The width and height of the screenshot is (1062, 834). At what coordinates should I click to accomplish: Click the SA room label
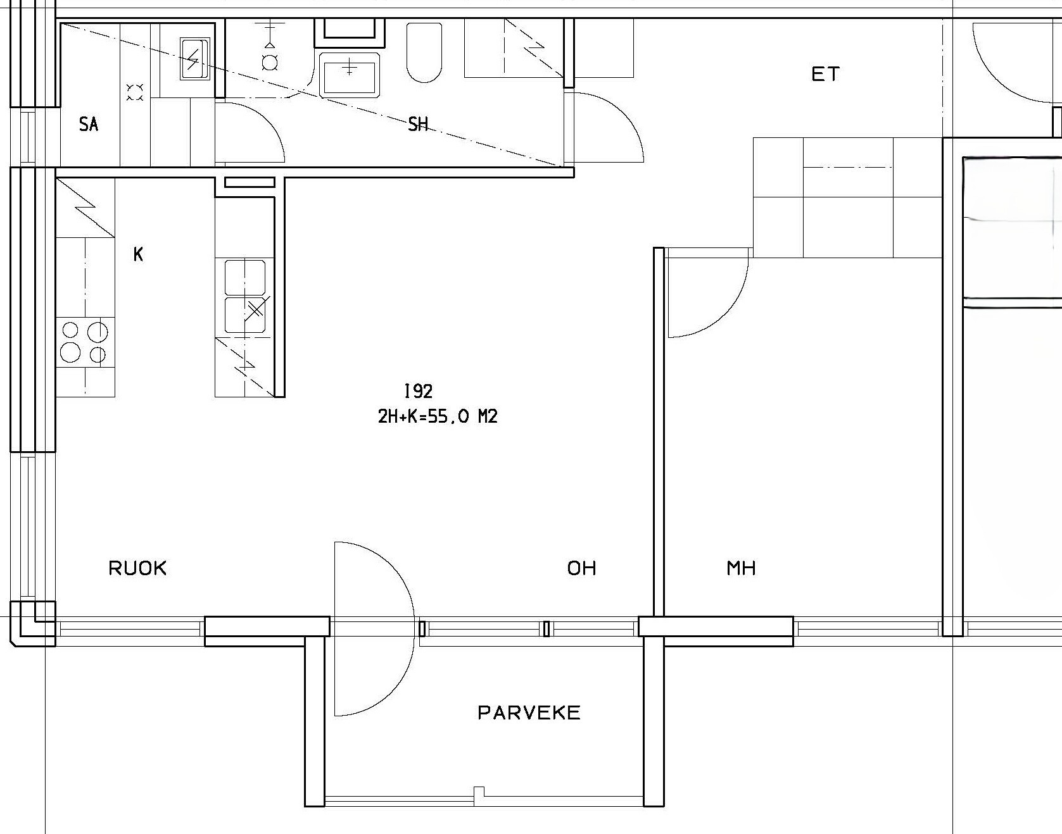tap(89, 125)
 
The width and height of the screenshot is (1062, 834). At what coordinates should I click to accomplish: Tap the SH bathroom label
tap(418, 124)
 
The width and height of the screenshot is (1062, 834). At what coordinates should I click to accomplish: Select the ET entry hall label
tap(826, 75)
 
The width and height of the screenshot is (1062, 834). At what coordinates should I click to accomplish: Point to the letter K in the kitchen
tap(138, 254)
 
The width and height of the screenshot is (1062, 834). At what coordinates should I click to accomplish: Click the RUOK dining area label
tap(137, 568)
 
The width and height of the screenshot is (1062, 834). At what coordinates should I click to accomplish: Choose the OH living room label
tap(581, 568)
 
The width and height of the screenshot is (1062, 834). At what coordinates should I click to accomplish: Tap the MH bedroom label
tap(741, 568)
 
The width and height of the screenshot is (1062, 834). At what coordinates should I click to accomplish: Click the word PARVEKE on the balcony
tap(529, 713)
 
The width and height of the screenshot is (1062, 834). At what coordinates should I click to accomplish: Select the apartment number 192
tap(418, 391)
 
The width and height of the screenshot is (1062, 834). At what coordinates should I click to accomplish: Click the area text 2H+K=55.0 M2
tap(438, 416)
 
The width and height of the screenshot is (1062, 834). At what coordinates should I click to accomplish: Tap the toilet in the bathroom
tap(424, 53)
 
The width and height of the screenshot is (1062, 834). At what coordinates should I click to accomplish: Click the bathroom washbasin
tap(350, 74)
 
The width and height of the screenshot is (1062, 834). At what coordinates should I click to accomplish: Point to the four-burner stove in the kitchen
tap(85, 342)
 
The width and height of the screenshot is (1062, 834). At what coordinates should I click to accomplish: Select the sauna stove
tap(194, 59)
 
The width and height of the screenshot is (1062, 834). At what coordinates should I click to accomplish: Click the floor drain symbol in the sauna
tap(135, 93)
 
